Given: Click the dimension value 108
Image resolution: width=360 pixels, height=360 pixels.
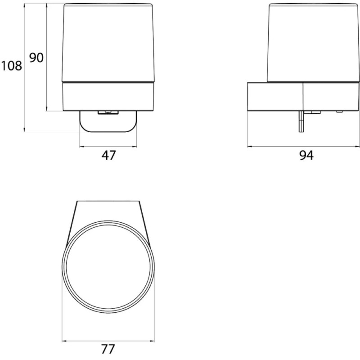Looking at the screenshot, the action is [12, 66].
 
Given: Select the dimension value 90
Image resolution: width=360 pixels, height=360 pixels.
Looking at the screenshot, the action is [36, 58].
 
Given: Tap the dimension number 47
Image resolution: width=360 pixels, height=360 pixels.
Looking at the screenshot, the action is [108, 155].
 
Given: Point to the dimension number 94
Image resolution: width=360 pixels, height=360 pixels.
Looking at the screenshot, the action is [306, 155].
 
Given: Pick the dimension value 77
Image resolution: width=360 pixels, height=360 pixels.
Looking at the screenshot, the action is [108, 349].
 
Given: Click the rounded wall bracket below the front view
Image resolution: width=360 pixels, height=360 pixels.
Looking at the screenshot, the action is [108, 121].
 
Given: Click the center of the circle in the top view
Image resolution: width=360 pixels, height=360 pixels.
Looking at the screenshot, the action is [108, 267].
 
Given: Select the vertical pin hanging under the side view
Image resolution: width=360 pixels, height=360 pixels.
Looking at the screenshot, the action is [301, 121].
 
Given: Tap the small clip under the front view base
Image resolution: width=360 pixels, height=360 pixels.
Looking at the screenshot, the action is [108, 112].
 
